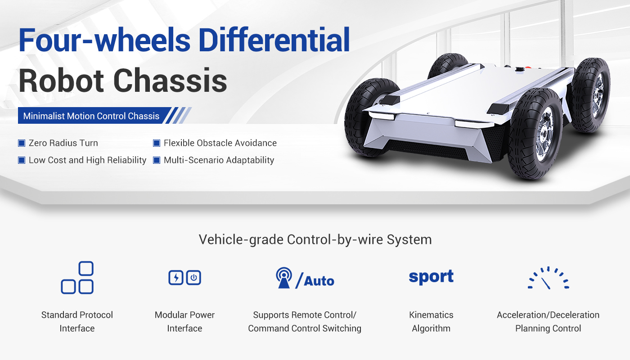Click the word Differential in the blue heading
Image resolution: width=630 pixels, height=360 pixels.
(274, 40)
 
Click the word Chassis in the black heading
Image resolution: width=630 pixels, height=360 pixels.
(170, 81)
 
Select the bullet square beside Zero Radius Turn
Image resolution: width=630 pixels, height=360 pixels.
(22, 143)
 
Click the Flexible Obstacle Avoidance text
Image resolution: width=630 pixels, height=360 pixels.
(220, 143)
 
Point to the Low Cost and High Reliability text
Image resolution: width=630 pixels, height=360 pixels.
(87, 160)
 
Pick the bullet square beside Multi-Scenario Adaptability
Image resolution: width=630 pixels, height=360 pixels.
(157, 160)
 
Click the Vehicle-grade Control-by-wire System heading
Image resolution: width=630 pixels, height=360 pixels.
(315, 239)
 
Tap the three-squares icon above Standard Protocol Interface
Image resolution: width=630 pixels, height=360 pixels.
(77, 278)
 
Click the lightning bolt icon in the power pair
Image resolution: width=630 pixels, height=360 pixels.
(176, 278)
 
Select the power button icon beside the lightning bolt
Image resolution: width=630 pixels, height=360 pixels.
(193, 278)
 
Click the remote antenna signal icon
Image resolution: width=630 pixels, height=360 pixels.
(284, 278)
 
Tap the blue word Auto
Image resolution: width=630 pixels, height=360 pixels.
(319, 281)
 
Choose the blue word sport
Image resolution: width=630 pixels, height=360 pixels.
(431, 277)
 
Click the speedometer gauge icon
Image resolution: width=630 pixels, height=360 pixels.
(548, 278)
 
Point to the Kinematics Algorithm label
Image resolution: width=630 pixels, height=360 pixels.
(431, 321)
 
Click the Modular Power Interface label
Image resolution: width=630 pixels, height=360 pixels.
(184, 321)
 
